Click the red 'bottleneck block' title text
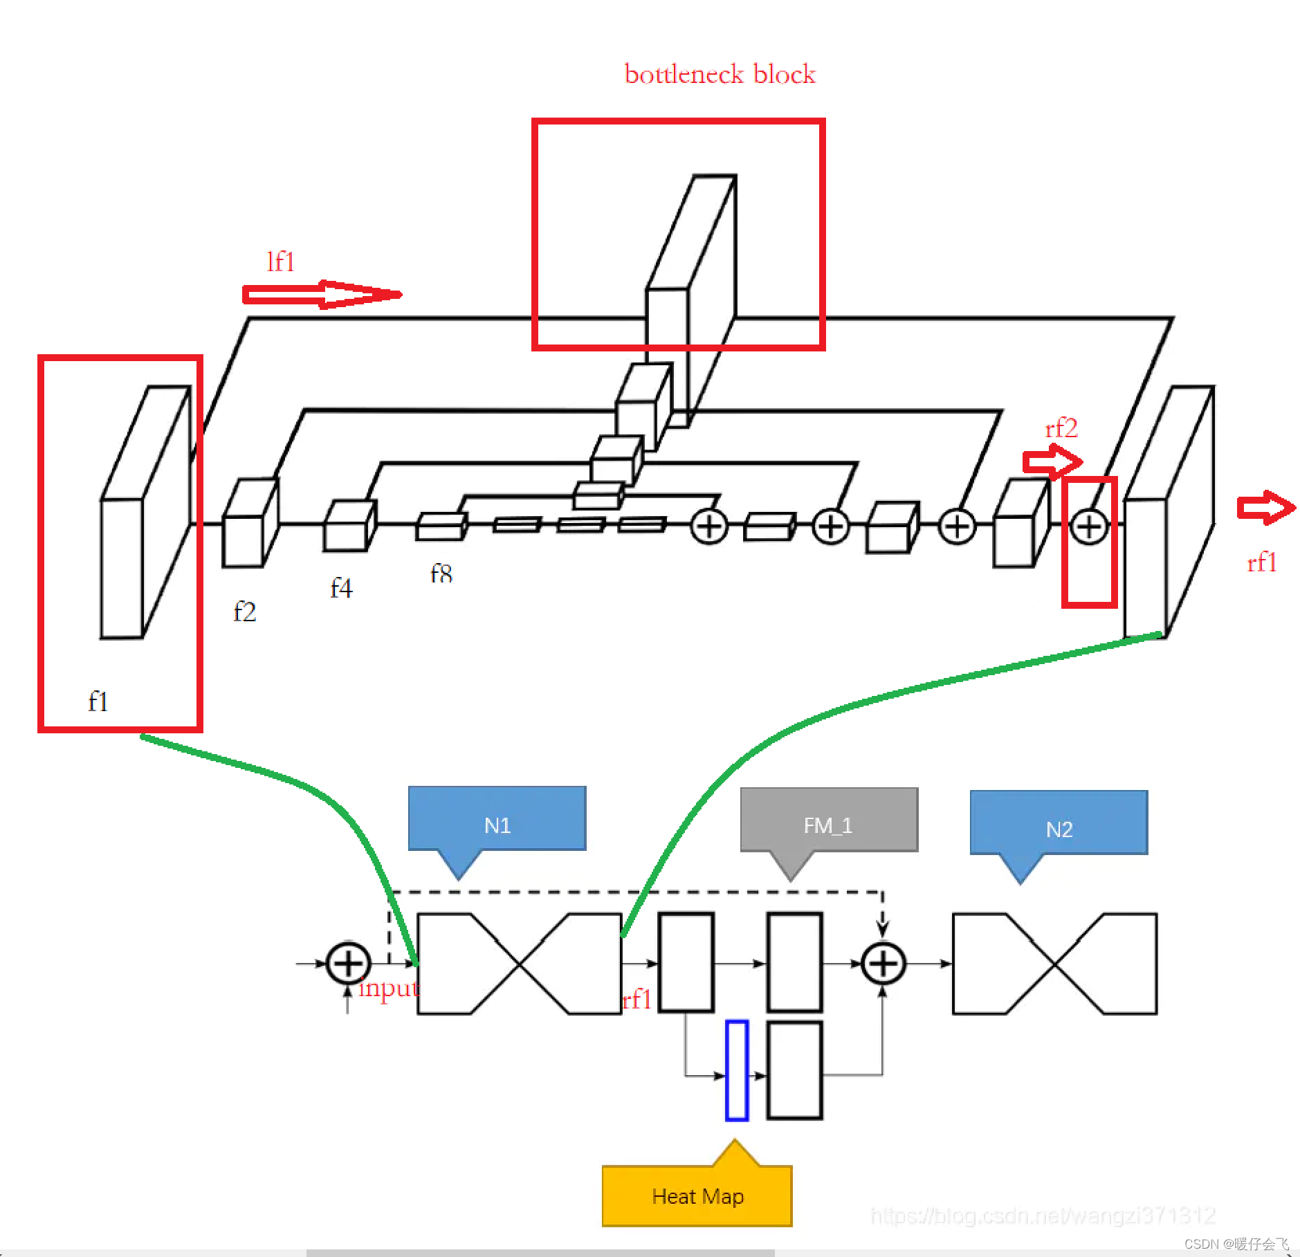tap(720, 74)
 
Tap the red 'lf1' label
tap(281, 262)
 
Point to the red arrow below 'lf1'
tap(321, 295)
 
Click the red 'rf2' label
tap(1061, 429)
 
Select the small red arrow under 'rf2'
tap(1052, 461)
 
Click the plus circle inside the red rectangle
tap(1089, 527)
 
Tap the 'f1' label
tap(98, 702)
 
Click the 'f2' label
tap(245, 612)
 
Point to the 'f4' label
tap(341, 589)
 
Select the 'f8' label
tap(441, 573)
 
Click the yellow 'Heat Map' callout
tap(697, 1196)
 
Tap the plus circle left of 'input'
tap(348, 963)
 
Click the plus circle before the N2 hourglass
tap(883, 963)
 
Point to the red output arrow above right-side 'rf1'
tap(1265, 508)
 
